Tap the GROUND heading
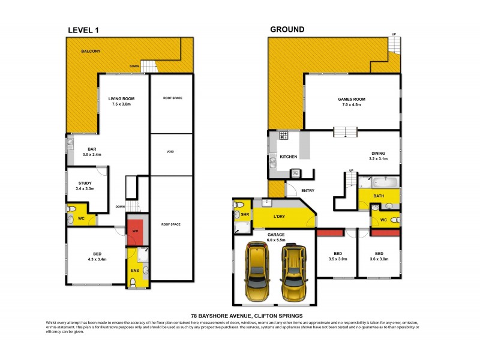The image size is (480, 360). click(x=287, y=29)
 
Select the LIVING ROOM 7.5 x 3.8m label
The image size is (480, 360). click(x=121, y=101)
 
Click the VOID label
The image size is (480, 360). click(x=170, y=152)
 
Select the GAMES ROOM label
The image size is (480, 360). click(x=352, y=102)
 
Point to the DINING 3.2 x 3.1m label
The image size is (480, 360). click(x=377, y=155)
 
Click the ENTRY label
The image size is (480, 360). click(x=308, y=191)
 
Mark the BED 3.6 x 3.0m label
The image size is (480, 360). click(x=379, y=256)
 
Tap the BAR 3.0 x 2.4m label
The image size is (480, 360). click(x=92, y=152)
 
